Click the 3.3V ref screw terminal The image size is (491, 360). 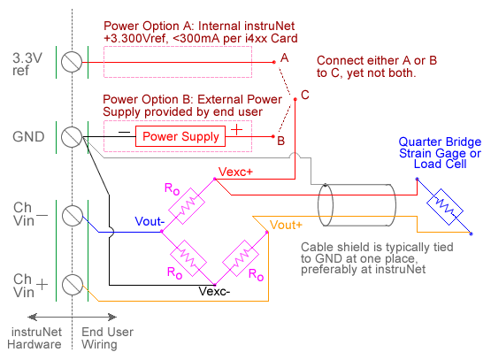72,62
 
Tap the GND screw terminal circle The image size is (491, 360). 72,137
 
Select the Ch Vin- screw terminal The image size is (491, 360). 73,216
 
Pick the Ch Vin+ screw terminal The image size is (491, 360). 73,285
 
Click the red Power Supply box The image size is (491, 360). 180,136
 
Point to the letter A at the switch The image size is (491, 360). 284,57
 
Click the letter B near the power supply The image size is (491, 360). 280,141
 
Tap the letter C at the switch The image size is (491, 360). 305,95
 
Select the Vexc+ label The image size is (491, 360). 235,172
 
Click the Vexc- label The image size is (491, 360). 214,291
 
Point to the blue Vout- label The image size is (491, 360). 150,221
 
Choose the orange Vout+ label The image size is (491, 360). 286,225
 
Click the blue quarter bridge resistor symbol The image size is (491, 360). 445,207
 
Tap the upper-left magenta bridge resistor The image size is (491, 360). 187,206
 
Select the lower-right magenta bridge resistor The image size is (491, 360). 241,258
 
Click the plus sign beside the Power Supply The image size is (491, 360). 237,129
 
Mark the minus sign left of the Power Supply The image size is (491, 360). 124,133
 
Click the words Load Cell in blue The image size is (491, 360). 440,164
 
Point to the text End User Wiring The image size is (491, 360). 107,338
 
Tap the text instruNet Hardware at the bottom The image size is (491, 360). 35,338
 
